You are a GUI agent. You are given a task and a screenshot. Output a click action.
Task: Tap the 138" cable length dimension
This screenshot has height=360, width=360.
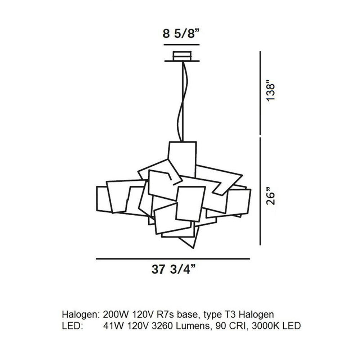coord(271,92)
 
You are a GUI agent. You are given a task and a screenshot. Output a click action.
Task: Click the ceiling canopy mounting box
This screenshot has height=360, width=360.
coord(182,57)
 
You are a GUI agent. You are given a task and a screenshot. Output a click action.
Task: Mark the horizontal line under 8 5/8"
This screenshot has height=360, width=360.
coord(181,45)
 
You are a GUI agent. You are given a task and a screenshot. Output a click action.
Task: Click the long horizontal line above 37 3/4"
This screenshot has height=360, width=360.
coord(173,258)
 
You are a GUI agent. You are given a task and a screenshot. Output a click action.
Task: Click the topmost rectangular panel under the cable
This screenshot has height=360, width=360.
coord(183,155)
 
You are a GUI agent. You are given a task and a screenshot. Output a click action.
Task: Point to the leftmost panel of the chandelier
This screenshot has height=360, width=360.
coord(103,199)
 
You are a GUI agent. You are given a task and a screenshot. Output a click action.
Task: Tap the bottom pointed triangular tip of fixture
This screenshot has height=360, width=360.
coord(192,245)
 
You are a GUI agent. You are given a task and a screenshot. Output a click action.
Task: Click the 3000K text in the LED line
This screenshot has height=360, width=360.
coord(265,326)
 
